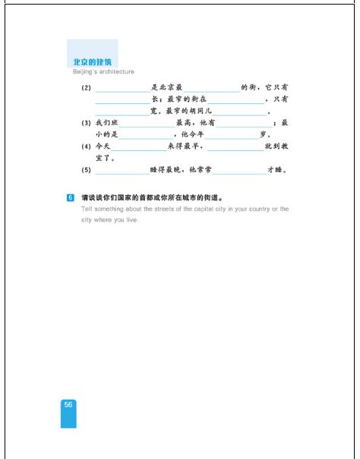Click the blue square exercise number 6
pos(71,198)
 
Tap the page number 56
pos(68,405)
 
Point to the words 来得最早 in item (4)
pos(185,146)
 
